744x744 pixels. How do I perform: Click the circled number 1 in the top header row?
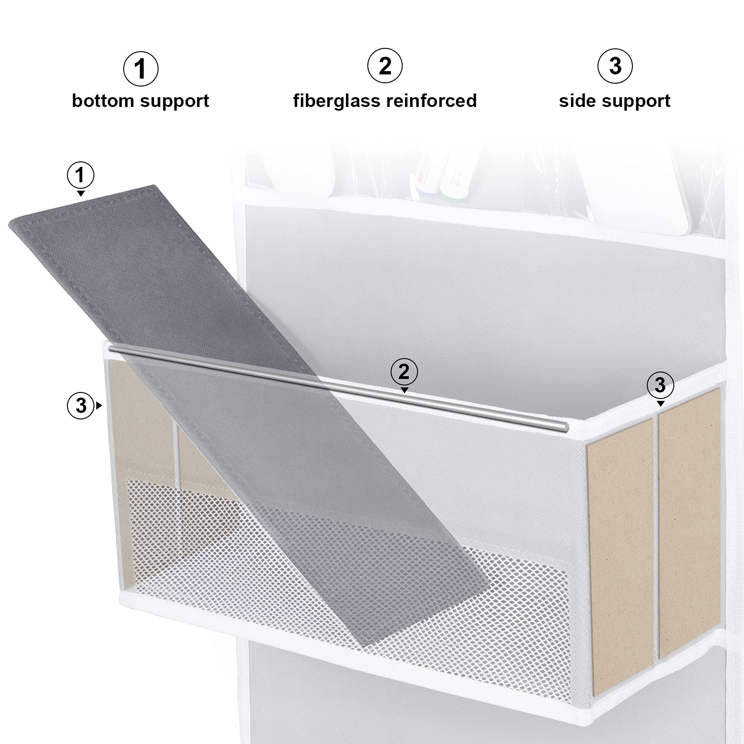click(140, 69)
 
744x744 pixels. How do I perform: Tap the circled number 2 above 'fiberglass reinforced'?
click(385, 66)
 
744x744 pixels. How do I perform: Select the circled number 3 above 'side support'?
click(615, 66)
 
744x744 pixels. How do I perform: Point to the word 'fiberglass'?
click(332, 101)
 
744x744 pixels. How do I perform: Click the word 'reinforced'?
click(427, 101)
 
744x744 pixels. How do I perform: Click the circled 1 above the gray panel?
click(80, 175)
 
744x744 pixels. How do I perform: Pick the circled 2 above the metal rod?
click(404, 372)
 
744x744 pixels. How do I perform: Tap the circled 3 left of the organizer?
click(81, 405)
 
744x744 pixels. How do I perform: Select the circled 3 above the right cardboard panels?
click(660, 385)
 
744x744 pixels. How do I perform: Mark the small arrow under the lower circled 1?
click(81, 193)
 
